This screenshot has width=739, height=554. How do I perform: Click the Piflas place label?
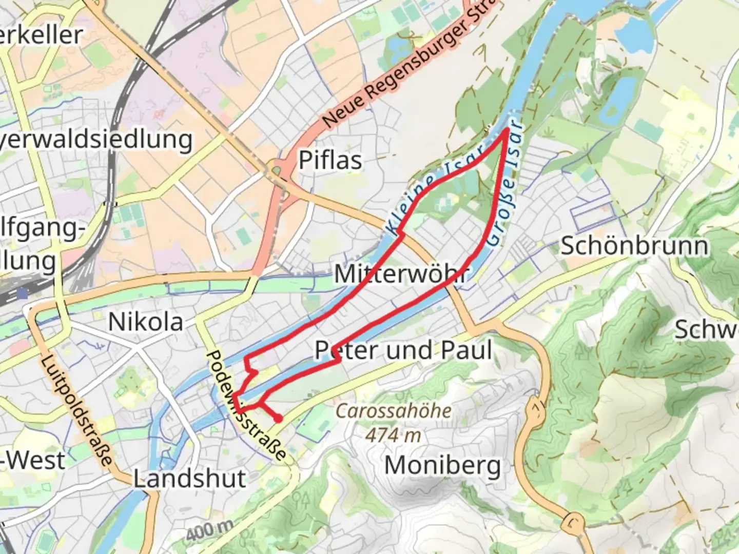330,160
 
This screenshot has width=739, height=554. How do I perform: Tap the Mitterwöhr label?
401,273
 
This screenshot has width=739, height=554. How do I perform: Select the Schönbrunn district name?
634,246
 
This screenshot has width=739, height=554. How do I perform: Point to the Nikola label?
145,322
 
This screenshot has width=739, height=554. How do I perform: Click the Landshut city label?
190,479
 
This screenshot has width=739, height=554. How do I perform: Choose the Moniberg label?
442,466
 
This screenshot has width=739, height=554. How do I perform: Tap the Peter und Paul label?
403,350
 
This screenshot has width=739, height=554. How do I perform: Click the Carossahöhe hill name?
394,411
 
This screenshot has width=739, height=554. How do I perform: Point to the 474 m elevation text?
393,435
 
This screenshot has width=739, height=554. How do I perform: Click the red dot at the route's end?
278,419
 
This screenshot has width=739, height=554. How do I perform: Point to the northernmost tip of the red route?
508,129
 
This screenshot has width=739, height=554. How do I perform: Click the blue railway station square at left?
22,293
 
